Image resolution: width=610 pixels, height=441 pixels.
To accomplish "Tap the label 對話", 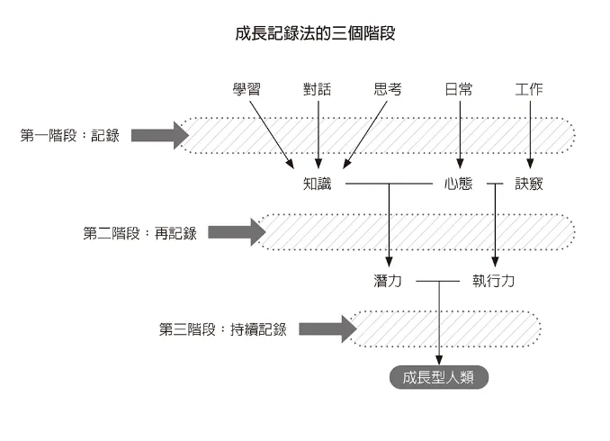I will coord(318,89).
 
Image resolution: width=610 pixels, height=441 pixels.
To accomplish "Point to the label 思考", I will coord(388,89).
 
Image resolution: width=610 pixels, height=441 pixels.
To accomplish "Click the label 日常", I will coord(459,89).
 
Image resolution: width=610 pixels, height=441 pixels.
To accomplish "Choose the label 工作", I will coord(529,89).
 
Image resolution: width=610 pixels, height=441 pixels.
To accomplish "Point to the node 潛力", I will coord(388,281).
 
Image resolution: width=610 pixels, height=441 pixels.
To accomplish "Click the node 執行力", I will coord(494,281).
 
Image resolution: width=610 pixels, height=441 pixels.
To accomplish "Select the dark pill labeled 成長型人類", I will coord(439,377).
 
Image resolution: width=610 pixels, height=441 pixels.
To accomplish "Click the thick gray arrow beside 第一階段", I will coord(159,136).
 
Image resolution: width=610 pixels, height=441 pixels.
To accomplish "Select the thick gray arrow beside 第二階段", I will coord(237,233).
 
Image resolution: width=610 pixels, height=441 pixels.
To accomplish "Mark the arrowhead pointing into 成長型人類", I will coord(439,360).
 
